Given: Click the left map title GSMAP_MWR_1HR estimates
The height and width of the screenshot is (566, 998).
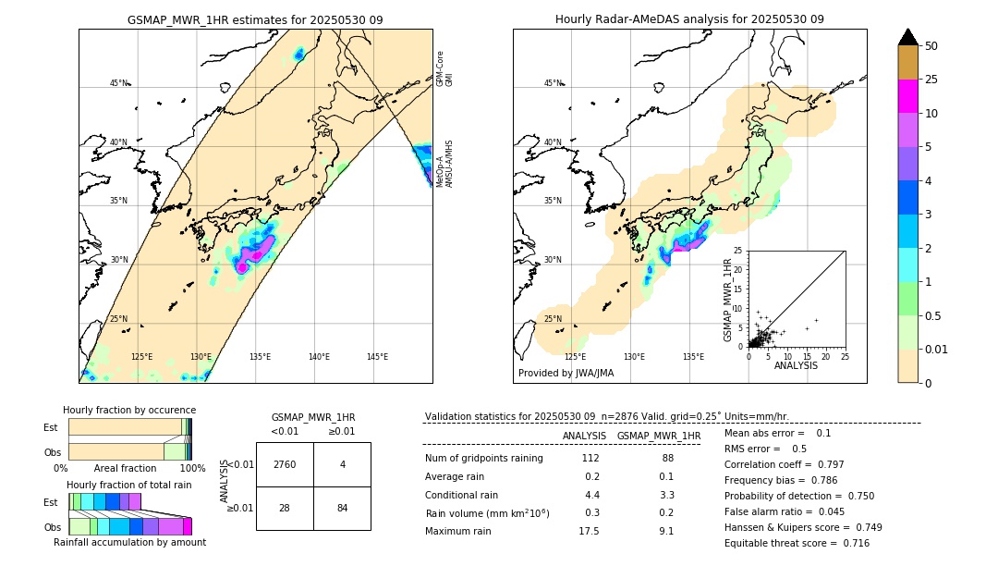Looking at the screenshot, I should click(x=255, y=19).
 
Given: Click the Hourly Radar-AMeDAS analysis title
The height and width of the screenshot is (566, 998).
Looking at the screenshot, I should click(x=689, y=19).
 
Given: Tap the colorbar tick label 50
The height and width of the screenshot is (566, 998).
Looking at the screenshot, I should click(x=931, y=46).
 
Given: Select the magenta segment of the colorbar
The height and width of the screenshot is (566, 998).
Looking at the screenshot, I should click(x=908, y=96).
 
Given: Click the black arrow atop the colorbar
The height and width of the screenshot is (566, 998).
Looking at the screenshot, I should click(x=908, y=37).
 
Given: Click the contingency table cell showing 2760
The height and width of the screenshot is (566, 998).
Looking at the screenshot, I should click(x=285, y=464).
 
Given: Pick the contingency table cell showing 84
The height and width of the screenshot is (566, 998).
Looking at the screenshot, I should click(x=342, y=508).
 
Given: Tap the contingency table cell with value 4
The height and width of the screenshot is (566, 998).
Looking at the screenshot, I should click(x=342, y=464).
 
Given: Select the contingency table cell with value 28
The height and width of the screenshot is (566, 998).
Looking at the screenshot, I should click(x=285, y=508).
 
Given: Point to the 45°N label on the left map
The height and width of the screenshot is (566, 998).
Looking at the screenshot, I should click(x=118, y=83).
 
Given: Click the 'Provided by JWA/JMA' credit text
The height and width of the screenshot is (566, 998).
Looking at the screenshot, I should click(x=566, y=374).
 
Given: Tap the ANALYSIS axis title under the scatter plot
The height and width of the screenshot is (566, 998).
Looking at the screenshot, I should click(x=796, y=365).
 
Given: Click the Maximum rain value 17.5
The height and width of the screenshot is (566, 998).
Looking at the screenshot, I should click(x=589, y=531).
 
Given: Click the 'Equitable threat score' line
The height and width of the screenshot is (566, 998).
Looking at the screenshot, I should click(x=797, y=543).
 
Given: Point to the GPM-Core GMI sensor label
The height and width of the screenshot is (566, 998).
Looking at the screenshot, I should click(x=444, y=68).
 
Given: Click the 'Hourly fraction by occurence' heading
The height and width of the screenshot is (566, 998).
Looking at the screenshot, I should click(x=129, y=410).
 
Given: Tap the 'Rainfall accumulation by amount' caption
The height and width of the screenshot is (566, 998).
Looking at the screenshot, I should click(x=129, y=542).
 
